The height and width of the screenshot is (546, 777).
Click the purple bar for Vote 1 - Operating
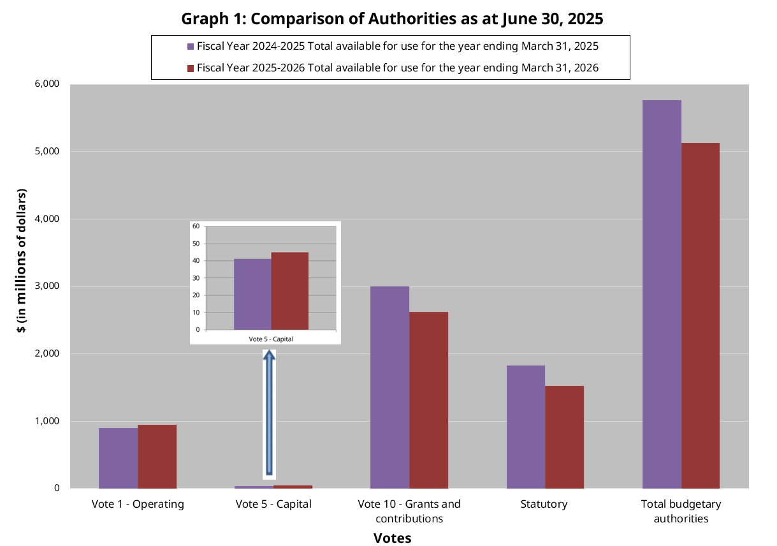[118, 458]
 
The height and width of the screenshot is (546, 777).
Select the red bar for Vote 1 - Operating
[157, 457]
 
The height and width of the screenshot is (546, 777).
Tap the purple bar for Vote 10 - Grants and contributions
[389, 387]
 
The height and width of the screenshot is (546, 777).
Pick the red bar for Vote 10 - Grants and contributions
[428, 400]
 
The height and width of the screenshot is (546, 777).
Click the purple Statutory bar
[525, 427]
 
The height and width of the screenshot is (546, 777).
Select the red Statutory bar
[564, 437]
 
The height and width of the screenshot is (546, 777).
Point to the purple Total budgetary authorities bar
[662, 294]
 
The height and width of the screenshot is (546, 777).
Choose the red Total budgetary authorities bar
[701, 316]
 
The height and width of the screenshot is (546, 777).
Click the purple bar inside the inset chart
[252, 294]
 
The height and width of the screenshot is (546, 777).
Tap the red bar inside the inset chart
[290, 291]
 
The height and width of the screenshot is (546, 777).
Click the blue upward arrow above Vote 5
[269, 415]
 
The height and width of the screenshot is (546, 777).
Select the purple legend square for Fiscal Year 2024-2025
[190, 47]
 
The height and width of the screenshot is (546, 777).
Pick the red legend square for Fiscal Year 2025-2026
[190, 68]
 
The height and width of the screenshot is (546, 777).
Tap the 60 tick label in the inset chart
[196, 226]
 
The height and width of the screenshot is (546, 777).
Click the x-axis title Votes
[392, 538]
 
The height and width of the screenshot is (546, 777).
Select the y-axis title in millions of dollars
[22, 261]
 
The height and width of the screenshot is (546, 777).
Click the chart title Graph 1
[392, 18]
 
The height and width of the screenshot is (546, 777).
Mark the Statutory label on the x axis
[544, 504]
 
